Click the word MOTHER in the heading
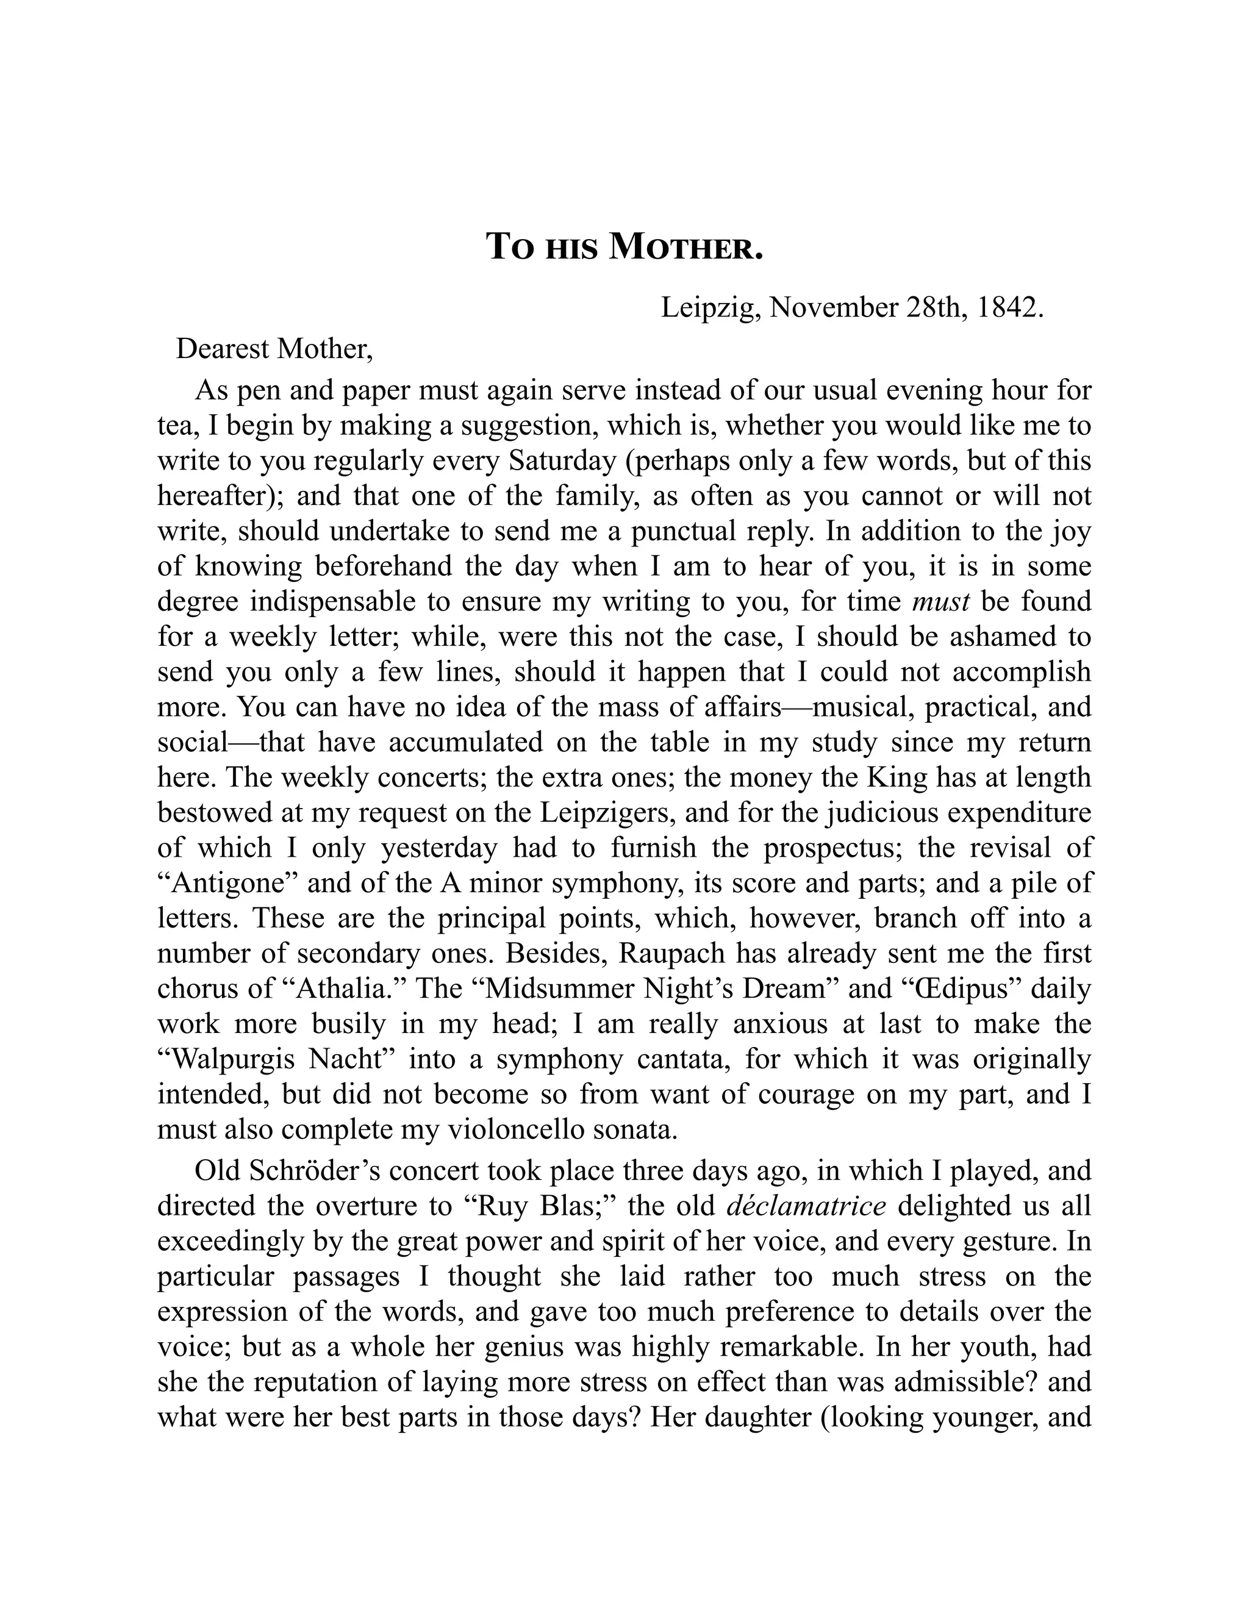point(685,247)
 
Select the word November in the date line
point(834,307)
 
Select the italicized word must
point(940,601)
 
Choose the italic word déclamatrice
point(806,1206)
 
